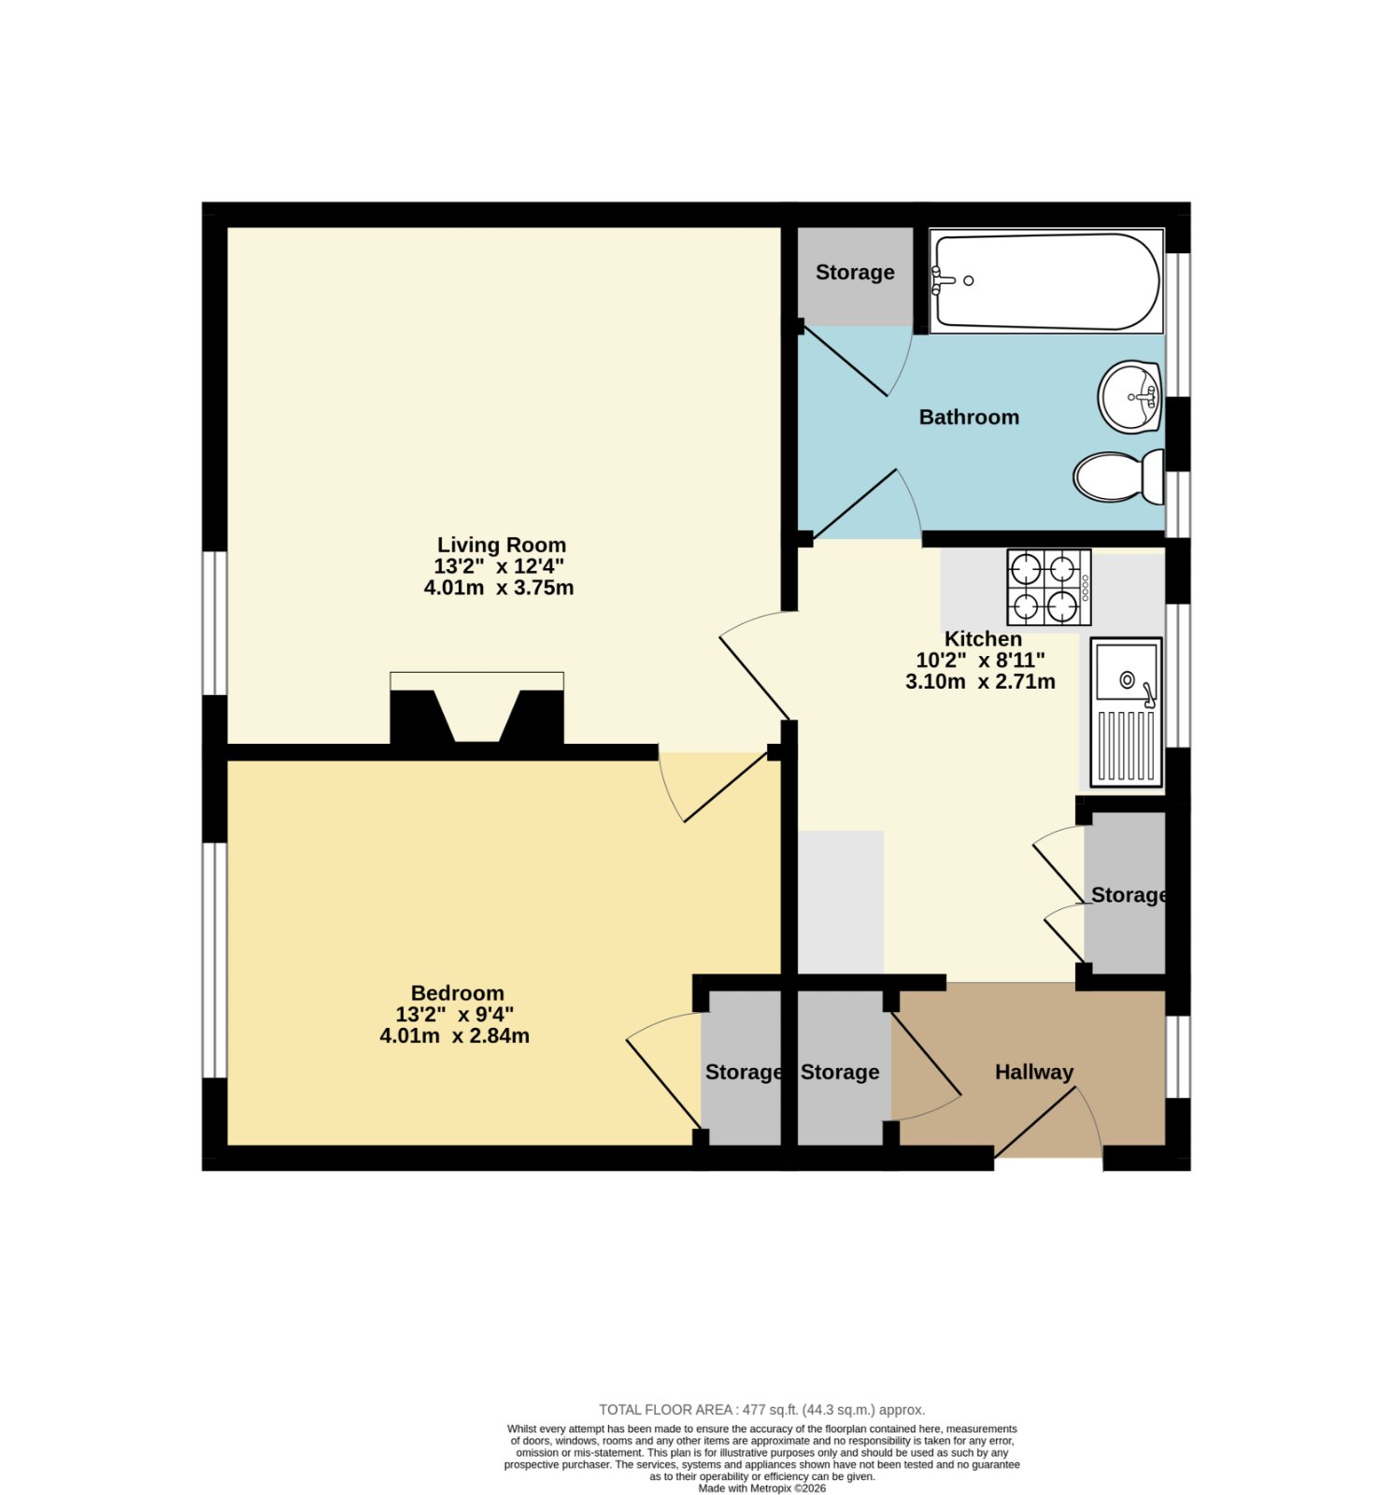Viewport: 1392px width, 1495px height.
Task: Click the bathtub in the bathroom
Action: [x=1046, y=281]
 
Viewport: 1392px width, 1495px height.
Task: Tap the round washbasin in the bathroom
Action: [x=1129, y=396]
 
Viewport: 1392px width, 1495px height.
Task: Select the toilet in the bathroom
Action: [x=1118, y=477]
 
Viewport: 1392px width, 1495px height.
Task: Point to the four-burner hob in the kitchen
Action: [x=1048, y=587]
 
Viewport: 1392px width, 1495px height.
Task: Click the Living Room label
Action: [x=502, y=545]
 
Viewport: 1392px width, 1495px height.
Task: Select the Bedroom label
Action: [x=457, y=993]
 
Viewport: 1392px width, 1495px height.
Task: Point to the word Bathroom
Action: [x=969, y=417]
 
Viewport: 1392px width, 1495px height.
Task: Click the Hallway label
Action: [x=1033, y=1072]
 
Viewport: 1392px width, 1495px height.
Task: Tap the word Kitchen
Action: [x=983, y=639]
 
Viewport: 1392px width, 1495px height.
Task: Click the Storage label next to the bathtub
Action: [x=855, y=272]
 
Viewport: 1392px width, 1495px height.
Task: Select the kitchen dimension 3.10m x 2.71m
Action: [x=980, y=682]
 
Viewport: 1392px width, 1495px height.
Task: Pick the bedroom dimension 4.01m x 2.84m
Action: [x=454, y=1036]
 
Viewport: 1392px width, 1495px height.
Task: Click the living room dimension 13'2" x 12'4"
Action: [x=499, y=566]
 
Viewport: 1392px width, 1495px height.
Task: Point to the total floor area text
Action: [x=761, y=1410]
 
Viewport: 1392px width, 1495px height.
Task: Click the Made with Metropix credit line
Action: [x=761, y=1488]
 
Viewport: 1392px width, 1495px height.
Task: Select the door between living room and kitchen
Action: [x=755, y=665]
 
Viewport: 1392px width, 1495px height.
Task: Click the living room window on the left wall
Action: [x=215, y=623]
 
